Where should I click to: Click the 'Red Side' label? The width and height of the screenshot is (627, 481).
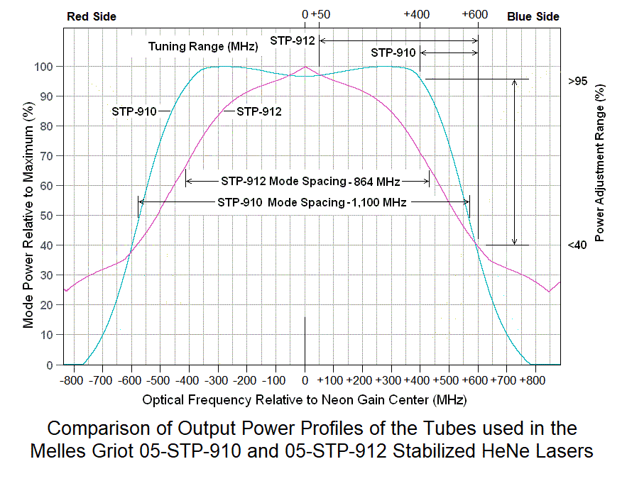(x=91, y=16)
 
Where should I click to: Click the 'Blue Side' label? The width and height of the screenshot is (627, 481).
(x=533, y=16)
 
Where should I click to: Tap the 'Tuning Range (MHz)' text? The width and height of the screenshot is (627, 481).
(x=203, y=46)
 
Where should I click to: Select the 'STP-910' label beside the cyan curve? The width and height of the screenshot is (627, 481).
(x=134, y=111)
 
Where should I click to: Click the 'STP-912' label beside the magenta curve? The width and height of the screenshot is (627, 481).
(x=259, y=111)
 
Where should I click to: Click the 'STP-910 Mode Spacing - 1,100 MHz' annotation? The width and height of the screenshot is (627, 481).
(x=312, y=202)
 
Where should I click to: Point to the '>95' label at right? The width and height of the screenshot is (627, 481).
(x=577, y=81)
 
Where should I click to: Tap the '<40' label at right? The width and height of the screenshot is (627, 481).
(x=577, y=245)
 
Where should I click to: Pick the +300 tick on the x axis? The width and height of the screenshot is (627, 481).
(x=389, y=380)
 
